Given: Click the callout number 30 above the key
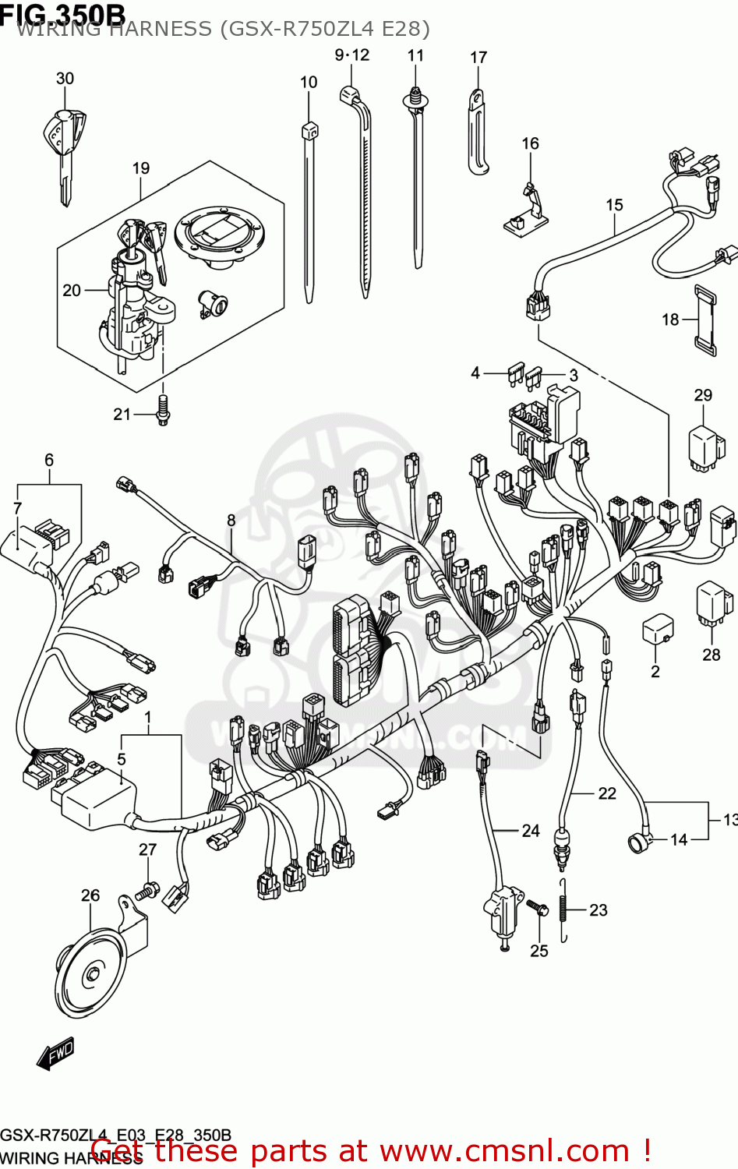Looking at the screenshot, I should (x=65, y=78).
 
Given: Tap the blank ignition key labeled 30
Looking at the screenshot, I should (x=63, y=148).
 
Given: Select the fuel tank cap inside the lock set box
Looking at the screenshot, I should (x=220, y=235).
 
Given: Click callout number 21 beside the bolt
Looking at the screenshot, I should (x=122, y=414).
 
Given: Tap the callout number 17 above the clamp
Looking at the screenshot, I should (x=478, y=57).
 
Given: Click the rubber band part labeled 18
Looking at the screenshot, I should (x=705, y=320).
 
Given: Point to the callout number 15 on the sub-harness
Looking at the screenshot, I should (x=614, y=204).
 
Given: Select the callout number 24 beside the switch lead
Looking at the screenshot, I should (x=531, y=831).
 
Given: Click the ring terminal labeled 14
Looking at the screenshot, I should (x=638, y=842).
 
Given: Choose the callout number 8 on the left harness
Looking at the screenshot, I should (x=231, y=520).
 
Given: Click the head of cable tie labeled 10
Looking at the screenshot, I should (x=309, y=129).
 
